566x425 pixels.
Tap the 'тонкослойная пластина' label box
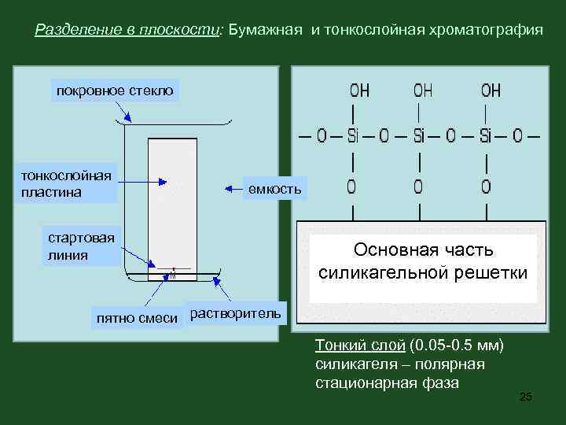coord(67,183)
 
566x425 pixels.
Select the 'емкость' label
coord(274,189)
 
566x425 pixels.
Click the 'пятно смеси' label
coord(137,319)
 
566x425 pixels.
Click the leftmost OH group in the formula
coord(359,91)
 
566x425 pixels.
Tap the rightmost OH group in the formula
coord(491,91)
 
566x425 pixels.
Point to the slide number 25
coord(526,397)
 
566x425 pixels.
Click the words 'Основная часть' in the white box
coord(423,250)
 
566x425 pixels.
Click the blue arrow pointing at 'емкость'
coord(233,189)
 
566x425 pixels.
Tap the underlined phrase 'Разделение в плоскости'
coord(129,30)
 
